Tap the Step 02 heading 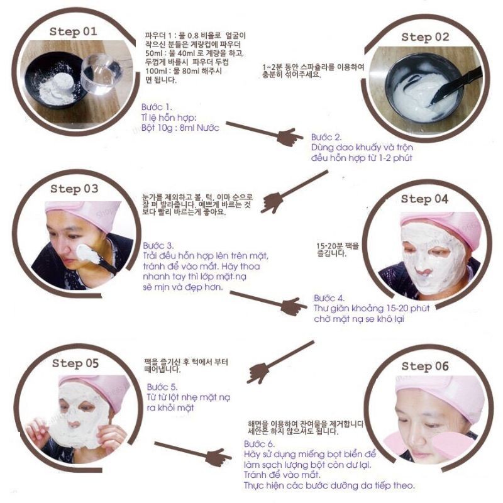click(x=425, y=37)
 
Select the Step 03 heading click(x=74, y=188)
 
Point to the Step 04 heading click(x=424, y=199)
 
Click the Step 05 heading click(x=75, y=363)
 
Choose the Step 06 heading click(x=425, y=366)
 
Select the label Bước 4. click(x=329, y=298)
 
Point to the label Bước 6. click(x=258, y=444)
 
